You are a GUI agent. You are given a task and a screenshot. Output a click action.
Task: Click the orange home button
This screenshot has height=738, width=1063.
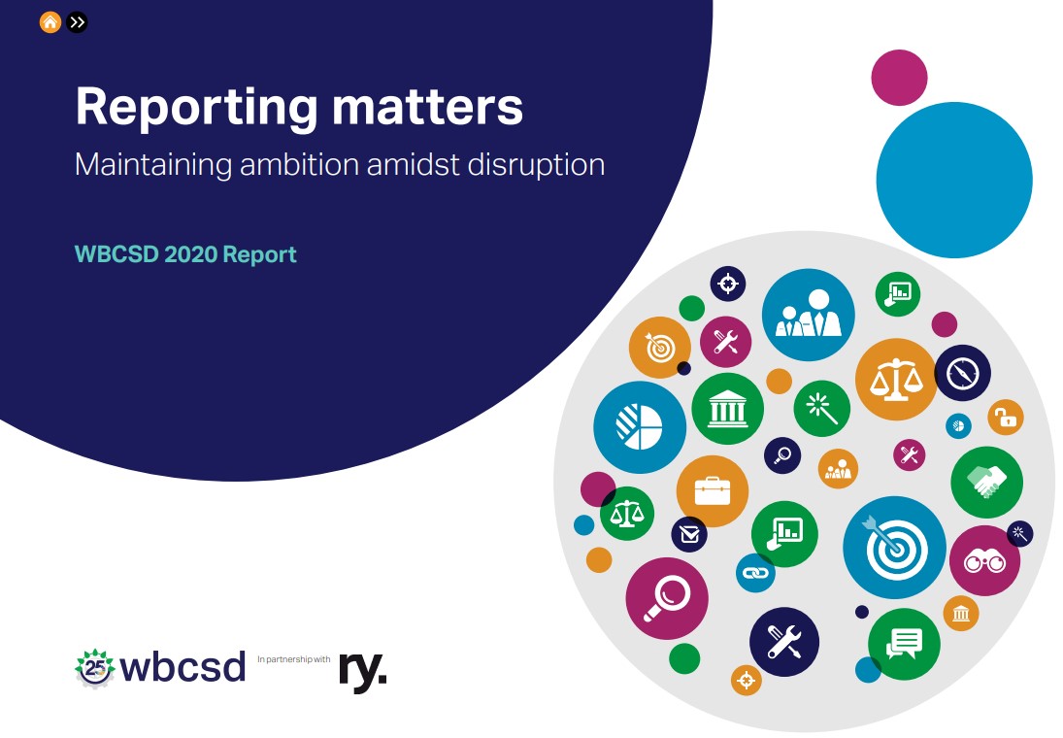click(50, 21)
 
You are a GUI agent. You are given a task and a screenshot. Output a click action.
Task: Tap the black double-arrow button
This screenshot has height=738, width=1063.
click(78, 21)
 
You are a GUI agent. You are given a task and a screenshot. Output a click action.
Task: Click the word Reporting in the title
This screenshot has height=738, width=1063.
click(194, 108)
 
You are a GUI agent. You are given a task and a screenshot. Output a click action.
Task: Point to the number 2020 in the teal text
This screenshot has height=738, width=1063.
click(190, 254)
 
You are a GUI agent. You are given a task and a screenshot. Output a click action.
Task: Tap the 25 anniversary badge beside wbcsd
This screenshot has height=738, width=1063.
click(94, 668)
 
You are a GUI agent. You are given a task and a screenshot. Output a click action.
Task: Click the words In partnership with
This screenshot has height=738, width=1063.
click(294, 659)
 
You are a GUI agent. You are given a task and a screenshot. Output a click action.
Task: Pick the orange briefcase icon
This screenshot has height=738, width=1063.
click(712, 491)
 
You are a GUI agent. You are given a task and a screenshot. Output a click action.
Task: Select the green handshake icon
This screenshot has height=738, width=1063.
click(986, 482)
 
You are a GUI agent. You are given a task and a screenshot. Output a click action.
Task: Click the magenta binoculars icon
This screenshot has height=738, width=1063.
click(983, 560)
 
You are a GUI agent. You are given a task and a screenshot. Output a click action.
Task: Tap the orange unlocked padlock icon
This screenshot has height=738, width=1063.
click(1006, 419)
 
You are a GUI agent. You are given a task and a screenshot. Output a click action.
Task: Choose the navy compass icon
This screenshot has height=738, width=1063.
click(962, 373)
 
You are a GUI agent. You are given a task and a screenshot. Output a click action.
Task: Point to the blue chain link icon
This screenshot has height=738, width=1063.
click(754, 573)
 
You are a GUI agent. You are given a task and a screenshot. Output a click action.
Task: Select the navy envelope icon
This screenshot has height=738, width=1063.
click(689, 534)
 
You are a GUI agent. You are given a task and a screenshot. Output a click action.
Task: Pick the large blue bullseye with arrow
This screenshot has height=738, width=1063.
click(893, 547)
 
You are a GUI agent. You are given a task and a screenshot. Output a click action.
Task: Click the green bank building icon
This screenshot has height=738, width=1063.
click(727, 409)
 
